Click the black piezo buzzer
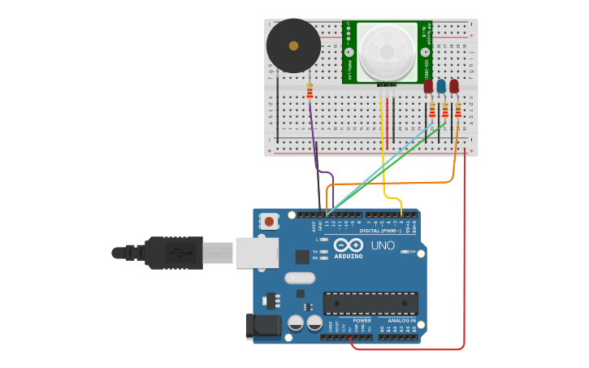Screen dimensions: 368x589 pyautogui.click(x=293, y=45)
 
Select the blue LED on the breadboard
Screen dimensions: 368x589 pyautogui.click(x=441, y=86)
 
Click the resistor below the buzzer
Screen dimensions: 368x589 pyautogui.click(x=310, y=90)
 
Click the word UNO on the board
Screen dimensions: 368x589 pyautogui.click(x=383, y=245)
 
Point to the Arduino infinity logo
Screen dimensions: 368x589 pyautogui.click(x=348, y=245)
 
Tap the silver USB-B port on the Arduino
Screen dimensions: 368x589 pyautogui.click(x=257, y=253)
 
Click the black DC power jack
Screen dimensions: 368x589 pyautogui.click(x=263, y=326)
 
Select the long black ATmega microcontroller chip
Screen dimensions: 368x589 pyautogui.click(x=370, y=304)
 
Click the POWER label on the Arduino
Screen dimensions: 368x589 pyautogui.click(x=362, y=320)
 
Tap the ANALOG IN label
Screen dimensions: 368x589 pyautogui.click(x=401, y=320)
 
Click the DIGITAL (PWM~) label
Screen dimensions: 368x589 pyautogui.click(x=381, y=231)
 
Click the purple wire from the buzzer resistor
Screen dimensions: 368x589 pyautogui.click(x=314, y=138)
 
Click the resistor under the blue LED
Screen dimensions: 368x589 pyautogui.click(x=444, y=110)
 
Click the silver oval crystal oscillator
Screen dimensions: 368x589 pyautogui.click(x=300, y=278)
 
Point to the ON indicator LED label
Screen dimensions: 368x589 pyautogui.click(x=413, y=252)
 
